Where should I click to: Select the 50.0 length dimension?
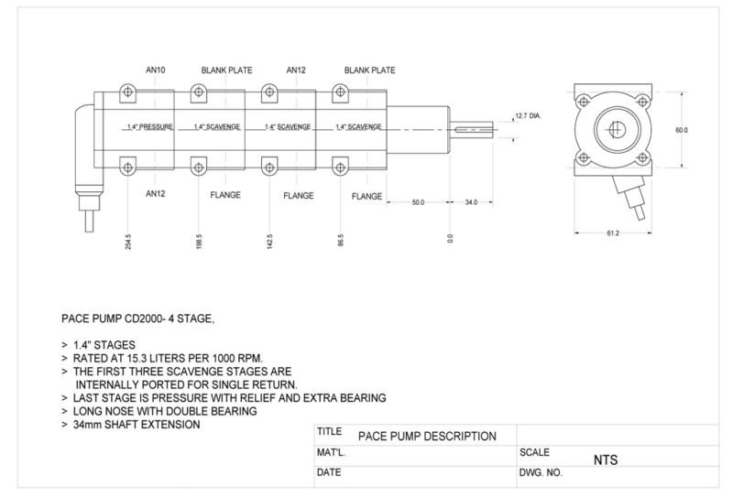(417, 201)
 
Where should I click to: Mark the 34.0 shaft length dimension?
(471, 201)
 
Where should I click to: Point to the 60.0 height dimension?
(681, 130)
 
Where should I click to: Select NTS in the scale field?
(606, 460)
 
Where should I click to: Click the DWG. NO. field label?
(541, 473)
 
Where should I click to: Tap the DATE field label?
(329, 473)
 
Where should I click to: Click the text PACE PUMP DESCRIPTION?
(427, 436)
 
